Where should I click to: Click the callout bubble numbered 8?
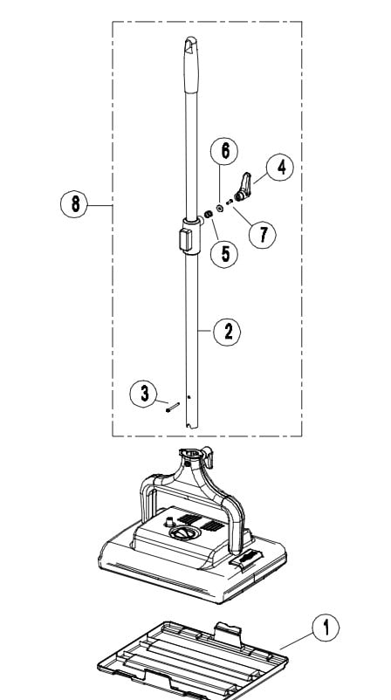coord(76,204)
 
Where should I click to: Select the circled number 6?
coord(224,151)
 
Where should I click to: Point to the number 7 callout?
coord(262,233)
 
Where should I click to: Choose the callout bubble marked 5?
coord(224,254)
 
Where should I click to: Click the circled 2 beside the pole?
coord(228,331)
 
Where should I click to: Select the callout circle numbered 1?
coord(325,627)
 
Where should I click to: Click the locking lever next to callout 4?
coord(246,185)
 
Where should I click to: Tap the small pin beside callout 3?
coord(170,405)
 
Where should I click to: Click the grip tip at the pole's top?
coord(191,52)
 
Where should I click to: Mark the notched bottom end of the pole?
coord(191,423)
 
